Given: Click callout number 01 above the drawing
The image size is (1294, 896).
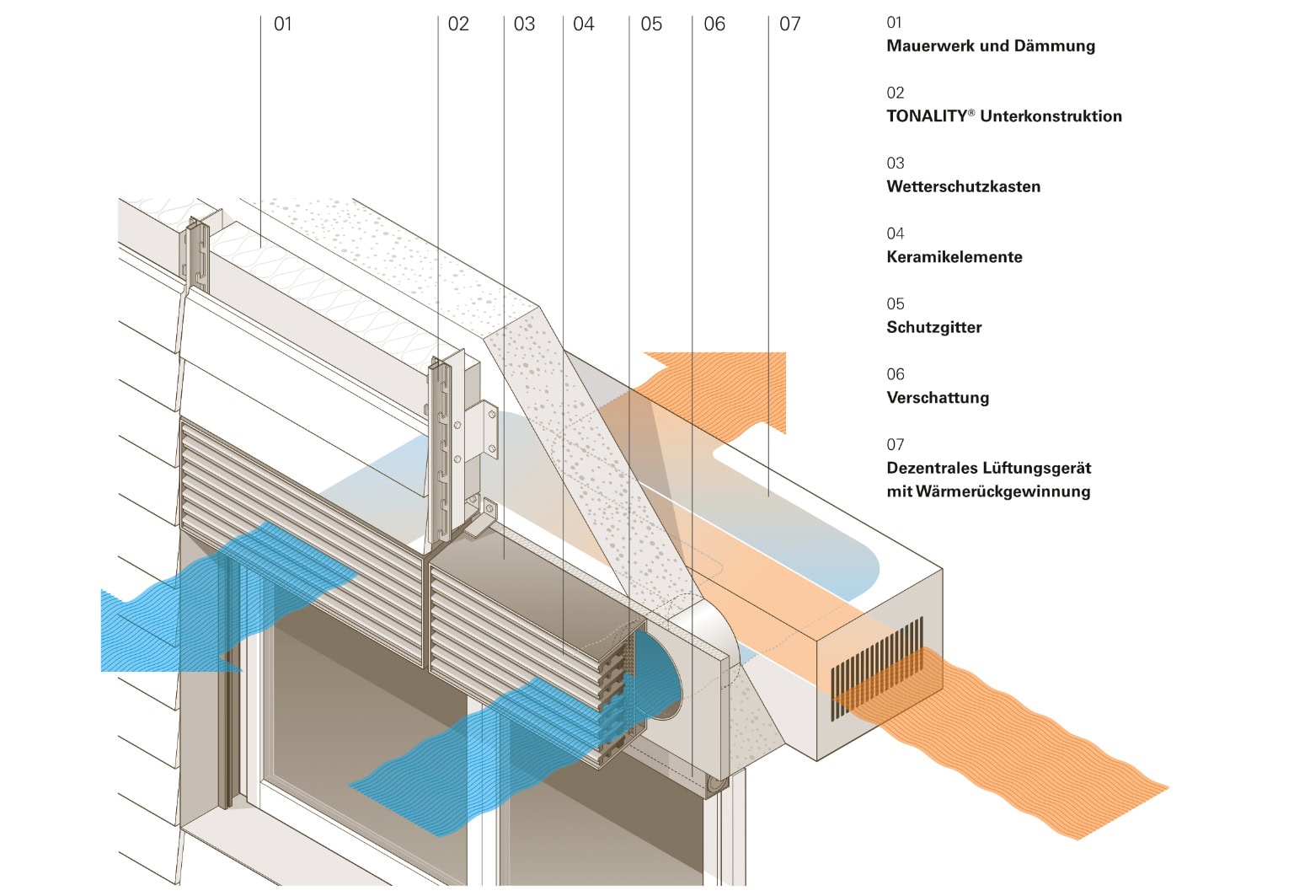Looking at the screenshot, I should click(283, 24).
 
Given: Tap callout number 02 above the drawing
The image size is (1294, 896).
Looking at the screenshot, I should click(458, 24).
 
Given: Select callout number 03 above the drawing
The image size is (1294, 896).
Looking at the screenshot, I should click(524, 24).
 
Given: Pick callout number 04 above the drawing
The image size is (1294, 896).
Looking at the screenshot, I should click(584, 24).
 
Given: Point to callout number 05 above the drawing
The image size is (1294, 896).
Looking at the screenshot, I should click(651, 24).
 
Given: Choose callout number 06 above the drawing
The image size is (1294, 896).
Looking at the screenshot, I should click(714, 24).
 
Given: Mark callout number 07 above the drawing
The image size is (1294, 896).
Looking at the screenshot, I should click(790, 24).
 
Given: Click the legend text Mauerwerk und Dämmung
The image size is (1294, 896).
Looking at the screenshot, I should click(991, 46).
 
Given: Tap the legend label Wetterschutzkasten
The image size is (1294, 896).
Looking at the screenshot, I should click(963, 187).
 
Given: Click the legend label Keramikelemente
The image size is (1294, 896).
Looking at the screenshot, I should click(954, 257).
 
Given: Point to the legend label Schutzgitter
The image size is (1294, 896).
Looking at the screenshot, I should click(934, 328).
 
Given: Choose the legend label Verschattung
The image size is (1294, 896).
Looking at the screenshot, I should click(938, 398).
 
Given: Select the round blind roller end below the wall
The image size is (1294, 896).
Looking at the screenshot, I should click(717, 784).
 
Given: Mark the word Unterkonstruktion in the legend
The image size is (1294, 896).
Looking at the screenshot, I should click(1051, 116).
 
